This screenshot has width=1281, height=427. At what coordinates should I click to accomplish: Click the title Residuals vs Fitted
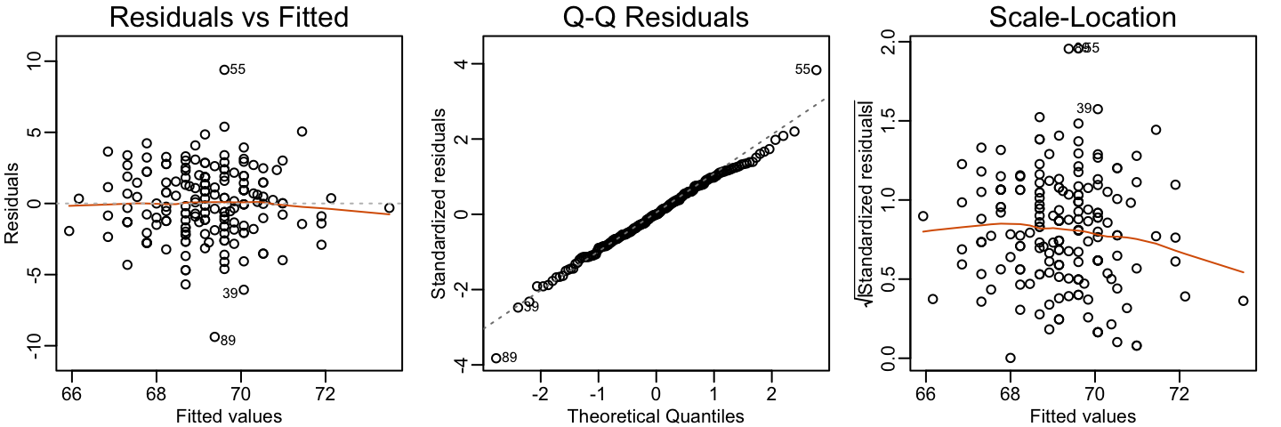pos(228,18)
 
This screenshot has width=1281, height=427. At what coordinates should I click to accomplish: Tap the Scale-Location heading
pos(1082,18)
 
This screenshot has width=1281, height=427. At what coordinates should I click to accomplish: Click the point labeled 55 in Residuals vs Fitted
pos(224,69)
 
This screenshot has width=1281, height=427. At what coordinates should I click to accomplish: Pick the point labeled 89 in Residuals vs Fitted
pos(214,336)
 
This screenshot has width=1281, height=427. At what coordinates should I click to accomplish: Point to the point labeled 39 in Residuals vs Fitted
pos(244,289)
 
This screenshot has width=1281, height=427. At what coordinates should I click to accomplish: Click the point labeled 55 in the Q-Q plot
pos(816,69)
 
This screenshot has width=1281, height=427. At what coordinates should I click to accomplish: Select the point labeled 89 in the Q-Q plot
pos(495,358)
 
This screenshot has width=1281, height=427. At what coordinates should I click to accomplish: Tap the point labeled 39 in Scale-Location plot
pos(1098,109)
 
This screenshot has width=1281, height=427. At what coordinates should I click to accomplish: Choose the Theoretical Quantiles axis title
pos(655,415)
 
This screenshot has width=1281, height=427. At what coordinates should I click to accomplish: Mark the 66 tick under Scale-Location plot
pos(926,392)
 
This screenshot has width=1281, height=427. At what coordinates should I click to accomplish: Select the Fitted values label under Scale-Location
pos(1082,415)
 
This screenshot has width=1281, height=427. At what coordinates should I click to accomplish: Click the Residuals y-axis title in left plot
pos(12,203)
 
